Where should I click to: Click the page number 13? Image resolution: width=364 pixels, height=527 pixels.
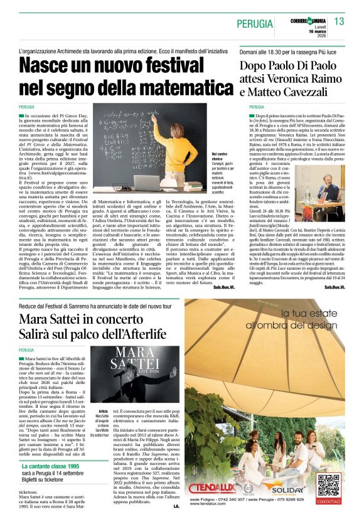pos(340,22)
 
